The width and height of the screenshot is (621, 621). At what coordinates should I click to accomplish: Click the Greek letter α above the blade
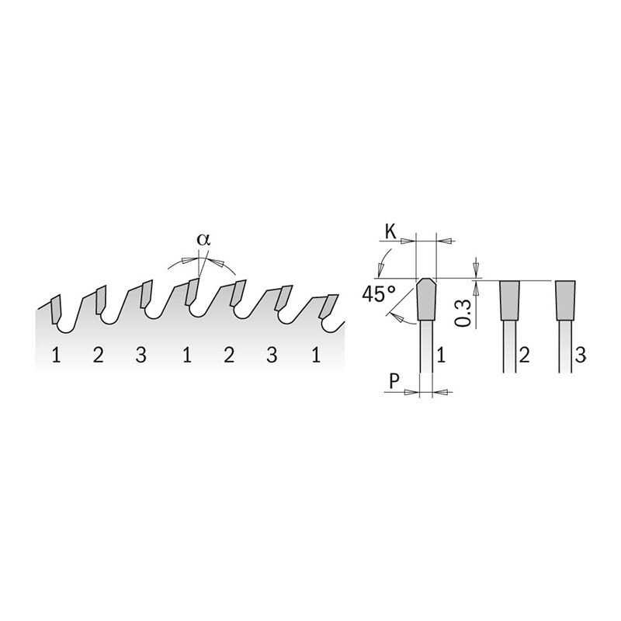[203, 240]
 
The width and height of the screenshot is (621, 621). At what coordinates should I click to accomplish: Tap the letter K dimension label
[390, 231]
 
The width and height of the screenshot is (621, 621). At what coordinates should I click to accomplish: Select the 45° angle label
[379, 295]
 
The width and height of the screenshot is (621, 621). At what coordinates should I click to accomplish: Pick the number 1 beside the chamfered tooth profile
[442, 356]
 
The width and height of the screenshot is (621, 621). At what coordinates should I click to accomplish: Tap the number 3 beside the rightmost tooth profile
[580, 356]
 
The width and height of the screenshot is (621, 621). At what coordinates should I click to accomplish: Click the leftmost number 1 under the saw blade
[56, 356]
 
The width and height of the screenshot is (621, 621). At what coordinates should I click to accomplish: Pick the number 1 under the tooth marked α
[187, 356]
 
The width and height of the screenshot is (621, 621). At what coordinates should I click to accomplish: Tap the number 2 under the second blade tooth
[98, 356]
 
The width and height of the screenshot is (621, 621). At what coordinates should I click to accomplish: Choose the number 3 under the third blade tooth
[141, 356]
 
